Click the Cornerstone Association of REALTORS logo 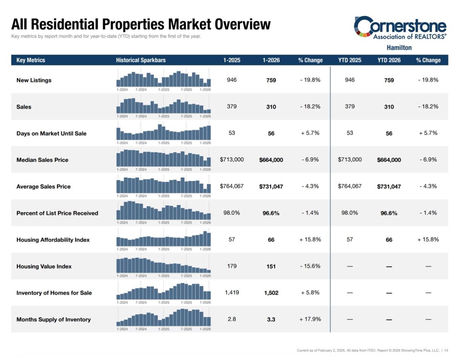(400, 28)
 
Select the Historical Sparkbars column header (141, 60)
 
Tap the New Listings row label (34, 80)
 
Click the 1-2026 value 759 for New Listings (271, 80)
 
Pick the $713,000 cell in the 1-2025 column (232, 160)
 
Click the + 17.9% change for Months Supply (310, 319)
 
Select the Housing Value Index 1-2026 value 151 (271, 266)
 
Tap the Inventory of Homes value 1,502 (271, 293)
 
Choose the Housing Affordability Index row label (53, 240)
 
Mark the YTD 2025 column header (350, 60)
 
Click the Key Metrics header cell (31, 60)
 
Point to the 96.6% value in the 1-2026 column (271, 213)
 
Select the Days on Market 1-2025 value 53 (232, 133)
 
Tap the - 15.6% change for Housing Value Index (310, 266)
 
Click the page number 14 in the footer (446, 351)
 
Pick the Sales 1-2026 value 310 (271, 107)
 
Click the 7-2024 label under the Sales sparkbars (141, 116)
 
